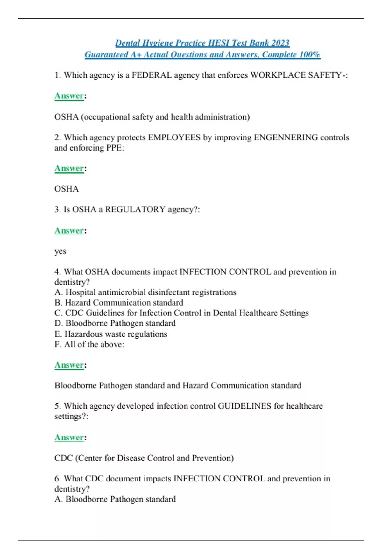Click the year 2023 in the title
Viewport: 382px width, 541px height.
point(280,43)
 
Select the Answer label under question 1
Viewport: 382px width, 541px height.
point(69,96)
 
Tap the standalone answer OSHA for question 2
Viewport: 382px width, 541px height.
point(67,189)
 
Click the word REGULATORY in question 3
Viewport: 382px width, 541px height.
point(135,209)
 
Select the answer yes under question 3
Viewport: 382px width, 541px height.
point(60,251)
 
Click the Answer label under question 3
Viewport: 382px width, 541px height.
point(69,231)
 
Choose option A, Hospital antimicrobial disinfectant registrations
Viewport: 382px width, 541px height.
point(145,292)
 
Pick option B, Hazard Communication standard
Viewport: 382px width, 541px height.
point(119,303)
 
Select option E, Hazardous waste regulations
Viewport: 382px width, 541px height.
point(111,334)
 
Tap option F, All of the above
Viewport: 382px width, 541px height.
point(89,344)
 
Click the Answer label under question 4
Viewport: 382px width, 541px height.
point(69,365)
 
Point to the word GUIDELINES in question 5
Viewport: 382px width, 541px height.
point(244,406)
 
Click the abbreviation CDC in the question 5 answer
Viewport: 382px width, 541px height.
point(64,458)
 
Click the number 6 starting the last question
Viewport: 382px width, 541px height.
point(57,479)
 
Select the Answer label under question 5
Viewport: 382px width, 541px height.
point(69,438)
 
